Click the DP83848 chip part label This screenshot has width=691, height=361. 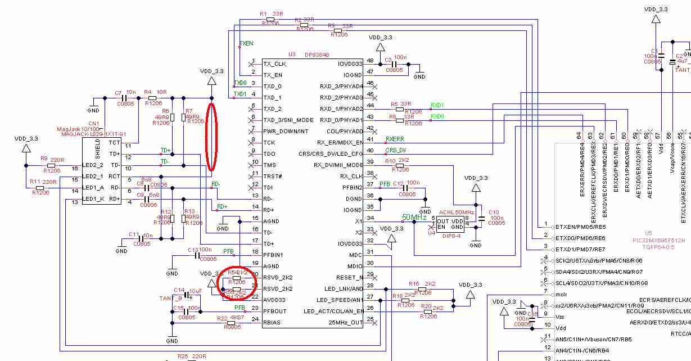(x=317, y=55)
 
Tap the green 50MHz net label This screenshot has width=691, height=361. (x=414, y=217)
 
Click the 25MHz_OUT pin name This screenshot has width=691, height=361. (x=345, y=323)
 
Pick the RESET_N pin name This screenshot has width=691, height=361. (x=349, y=278)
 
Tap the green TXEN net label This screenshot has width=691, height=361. (x=246, y=43)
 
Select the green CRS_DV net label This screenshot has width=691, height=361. (x=396, y=150)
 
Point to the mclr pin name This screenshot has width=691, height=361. (x=562, y=293)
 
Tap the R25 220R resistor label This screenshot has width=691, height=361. (x=192, y=357)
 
